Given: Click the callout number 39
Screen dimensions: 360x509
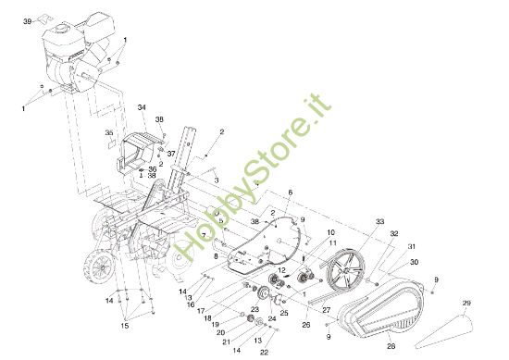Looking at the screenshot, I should [x=27, y=19].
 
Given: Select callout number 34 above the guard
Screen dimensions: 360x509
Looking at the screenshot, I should [x=143, y=108].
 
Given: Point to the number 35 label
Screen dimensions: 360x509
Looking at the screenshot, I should [x=108, y=133].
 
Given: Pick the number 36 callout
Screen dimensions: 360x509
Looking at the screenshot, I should [x=152, y=169].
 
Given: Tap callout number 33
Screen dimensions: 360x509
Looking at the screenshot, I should [x=379, y=222].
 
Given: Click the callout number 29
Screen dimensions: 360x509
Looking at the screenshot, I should [x=466, y=303].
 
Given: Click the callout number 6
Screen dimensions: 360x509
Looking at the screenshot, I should [x=290, y=192].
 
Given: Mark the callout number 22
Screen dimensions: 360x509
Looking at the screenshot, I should [x=264, y=352].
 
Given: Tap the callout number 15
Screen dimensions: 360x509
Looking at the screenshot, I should [x=126, y=325].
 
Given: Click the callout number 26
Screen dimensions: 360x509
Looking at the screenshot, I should [x=305, y=325].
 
